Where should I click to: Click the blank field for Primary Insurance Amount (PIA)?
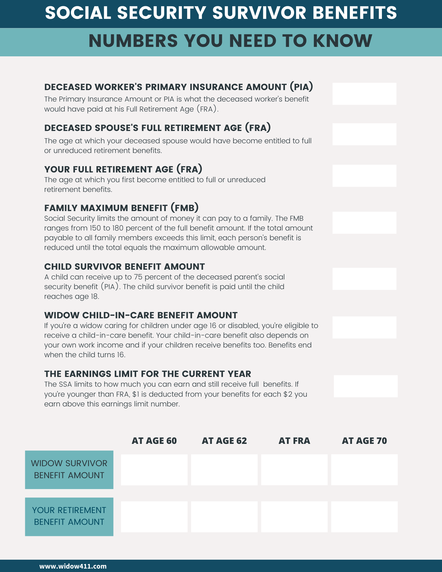tap(364, 94)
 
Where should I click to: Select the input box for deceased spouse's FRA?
tap(364, 134)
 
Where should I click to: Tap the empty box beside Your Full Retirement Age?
tap(364, 176)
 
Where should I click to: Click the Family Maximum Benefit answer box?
tap(364, 223)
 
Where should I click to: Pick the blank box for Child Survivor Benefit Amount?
tap(364, 279)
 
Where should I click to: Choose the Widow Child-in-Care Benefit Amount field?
tap(364, 327)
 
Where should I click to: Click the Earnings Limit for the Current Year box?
tap(366, 386)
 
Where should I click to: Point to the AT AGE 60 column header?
tap(154, 441)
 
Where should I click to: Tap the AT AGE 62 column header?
tap(224, 441)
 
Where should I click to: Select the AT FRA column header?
tap(294, 441)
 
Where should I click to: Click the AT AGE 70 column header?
tap(364, 441)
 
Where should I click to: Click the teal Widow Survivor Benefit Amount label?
tap(69, 469)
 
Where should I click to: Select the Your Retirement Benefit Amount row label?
tap(69, 516)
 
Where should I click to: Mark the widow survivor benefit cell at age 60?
tap(154, 470)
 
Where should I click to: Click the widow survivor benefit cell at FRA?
tap(294, 470)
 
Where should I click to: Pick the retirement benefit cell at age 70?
tap(364, 517)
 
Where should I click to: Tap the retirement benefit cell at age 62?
tap(224, 517)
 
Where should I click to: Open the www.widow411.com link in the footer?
tap(73, 566)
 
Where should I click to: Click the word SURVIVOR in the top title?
tap(259, 13)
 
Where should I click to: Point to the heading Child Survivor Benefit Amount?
tap(124, 267)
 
